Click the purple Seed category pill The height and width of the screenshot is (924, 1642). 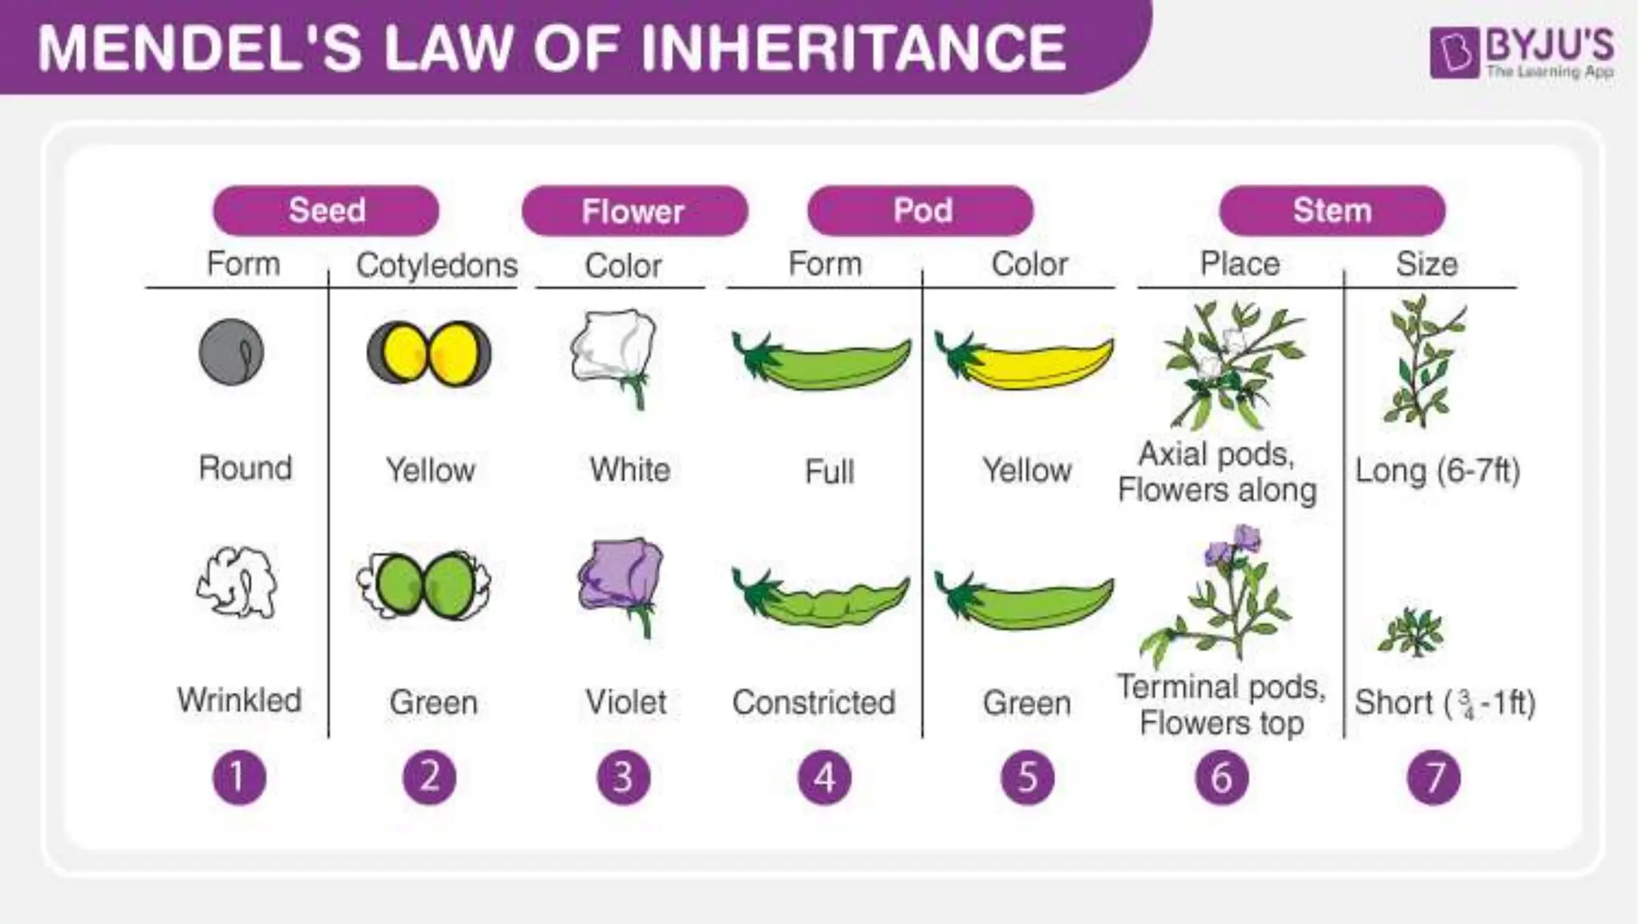tap(326, 211)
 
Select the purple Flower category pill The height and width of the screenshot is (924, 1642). tap(633, 212)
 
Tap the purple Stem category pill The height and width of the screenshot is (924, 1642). tap(1332, 211)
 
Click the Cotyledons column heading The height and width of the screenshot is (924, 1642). tap(437, 265)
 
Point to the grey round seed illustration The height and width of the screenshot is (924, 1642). tap(231, 352)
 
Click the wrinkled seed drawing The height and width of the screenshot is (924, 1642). tap(237, 583)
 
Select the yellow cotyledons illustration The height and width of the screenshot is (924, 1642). tap(429, 353)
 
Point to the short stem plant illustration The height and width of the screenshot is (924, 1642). tap(1411, 632)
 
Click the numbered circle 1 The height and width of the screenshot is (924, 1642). tap(239, 777)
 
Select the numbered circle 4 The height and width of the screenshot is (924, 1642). tap(824, 777)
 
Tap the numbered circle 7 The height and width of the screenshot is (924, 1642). tap(1434, 777)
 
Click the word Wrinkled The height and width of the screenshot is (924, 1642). tap(240, 700)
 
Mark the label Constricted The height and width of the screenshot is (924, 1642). tap(814, 703)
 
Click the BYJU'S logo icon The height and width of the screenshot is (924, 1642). tap(1454, 54)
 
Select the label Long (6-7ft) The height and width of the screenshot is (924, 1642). tap(1438, 471)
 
